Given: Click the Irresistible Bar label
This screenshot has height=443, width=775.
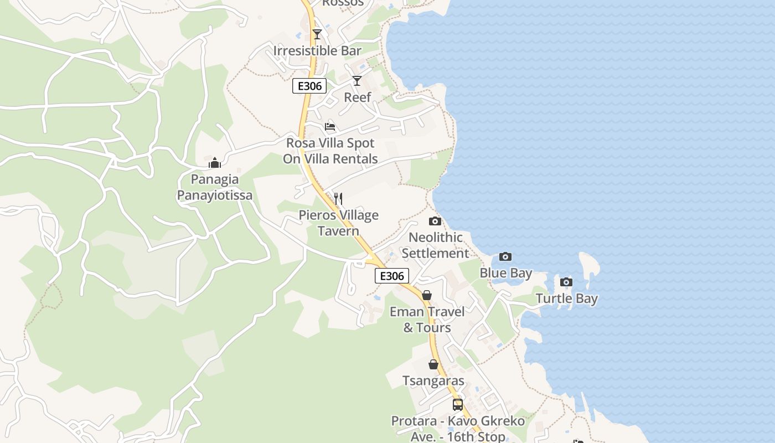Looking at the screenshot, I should pyautogui.click(x=317, y=51).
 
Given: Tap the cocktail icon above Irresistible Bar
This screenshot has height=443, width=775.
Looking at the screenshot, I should pyautogui.click(x=317, y=34).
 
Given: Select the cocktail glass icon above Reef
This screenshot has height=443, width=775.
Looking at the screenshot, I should pyautogui.click(x=357, y=81).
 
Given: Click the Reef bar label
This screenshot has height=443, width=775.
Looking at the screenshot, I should pyautogui.click(x=358, y=97).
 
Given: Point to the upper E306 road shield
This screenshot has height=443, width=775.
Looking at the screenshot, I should pyautogui.click(x=309, y=86).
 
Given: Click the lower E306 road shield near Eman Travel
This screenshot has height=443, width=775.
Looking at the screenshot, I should pyautogui.click(x=392, y=276).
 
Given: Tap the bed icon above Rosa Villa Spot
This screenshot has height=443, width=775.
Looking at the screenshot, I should pyautogui.click(x=330, y=127).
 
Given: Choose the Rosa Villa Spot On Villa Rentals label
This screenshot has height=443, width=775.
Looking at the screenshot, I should pyautogui.click(x=330, y=151).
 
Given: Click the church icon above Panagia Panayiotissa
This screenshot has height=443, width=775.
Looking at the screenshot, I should pyautogui.click(x=215, y=163).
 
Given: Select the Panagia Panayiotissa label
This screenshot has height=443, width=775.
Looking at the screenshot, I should pyautogui.click(x=215, y=187).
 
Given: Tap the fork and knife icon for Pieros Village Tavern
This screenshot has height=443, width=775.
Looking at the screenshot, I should pyautogui.click(x=338, y=199).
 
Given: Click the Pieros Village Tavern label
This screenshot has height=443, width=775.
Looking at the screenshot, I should pyautogui.click(x=339, y=223).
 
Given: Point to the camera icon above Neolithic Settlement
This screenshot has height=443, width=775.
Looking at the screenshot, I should pyautogui.click(x=435, y=221).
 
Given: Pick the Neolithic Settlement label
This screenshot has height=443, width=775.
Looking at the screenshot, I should pyautogui.click(x=435, y=245).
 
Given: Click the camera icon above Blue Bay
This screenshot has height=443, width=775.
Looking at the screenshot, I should pyautogui.click(x=505, y=257).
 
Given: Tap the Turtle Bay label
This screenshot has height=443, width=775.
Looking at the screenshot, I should pyautogui.click(x=567, y=299).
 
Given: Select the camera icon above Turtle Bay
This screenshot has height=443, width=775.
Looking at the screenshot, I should pyautogui.click(x=566, y=282).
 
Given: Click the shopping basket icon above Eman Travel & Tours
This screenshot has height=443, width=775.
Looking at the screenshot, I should pyautogui.click(x=427, y=295).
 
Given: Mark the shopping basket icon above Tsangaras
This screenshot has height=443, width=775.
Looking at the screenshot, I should pyautogui.click(x=433, y=364).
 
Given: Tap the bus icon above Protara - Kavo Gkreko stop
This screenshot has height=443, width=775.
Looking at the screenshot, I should pyautogui.click(x=458, y=405).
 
